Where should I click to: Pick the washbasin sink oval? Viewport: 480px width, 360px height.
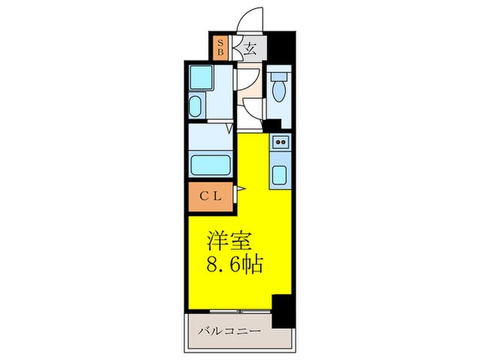(x=195, y=107)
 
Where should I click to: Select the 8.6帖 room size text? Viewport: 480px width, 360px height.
(x=235, y=264)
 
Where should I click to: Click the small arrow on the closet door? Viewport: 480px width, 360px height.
(x=241, y=187)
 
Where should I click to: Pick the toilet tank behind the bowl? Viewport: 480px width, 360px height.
(x=279, y=76)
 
